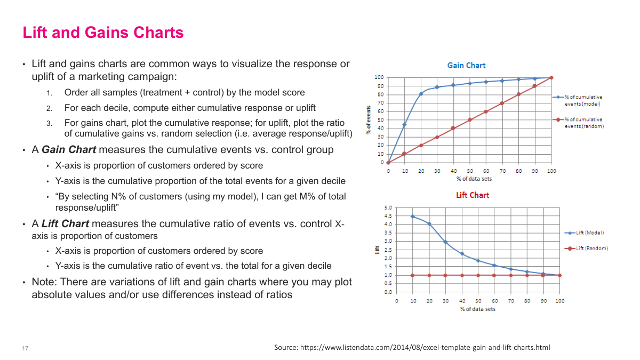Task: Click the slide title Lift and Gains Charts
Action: click(x=103, y=33)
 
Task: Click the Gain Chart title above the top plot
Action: click(x=466, y=65)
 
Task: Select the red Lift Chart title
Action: click(x=472, y=195)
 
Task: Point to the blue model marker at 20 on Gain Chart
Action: click(x=421, y=94)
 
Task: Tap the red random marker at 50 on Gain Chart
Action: click(x=470, y=120)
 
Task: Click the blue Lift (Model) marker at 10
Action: click(x=412, y=216)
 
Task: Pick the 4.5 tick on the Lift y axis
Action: click(x=388, y=216)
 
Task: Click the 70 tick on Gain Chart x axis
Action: click(x=502, y=171)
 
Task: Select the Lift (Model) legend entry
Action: click(x=585, y=233)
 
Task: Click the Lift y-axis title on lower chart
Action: click(x=377, y=250)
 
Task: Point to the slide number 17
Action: click(x=25, y=348)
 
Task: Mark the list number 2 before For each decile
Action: click(x=49, y=108)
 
